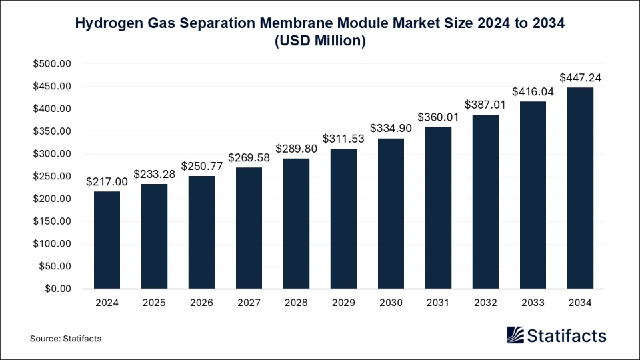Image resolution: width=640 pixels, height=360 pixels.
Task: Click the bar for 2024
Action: tap(107, 240)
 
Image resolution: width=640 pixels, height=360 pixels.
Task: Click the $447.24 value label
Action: tap(580, 78)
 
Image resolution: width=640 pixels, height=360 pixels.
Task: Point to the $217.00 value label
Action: tap(107, 182)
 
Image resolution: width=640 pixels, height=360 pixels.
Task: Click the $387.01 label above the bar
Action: tap(485, 105)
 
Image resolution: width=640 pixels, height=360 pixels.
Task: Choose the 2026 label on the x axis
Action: tap(201, 303)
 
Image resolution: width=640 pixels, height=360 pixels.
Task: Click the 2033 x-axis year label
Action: tap(533, 303)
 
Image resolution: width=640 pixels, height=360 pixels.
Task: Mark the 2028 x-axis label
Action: tap(296, 303)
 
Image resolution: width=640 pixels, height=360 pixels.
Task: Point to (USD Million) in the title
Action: tap(320, 41)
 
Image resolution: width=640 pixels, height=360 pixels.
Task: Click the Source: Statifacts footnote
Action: tap(65, 339)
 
